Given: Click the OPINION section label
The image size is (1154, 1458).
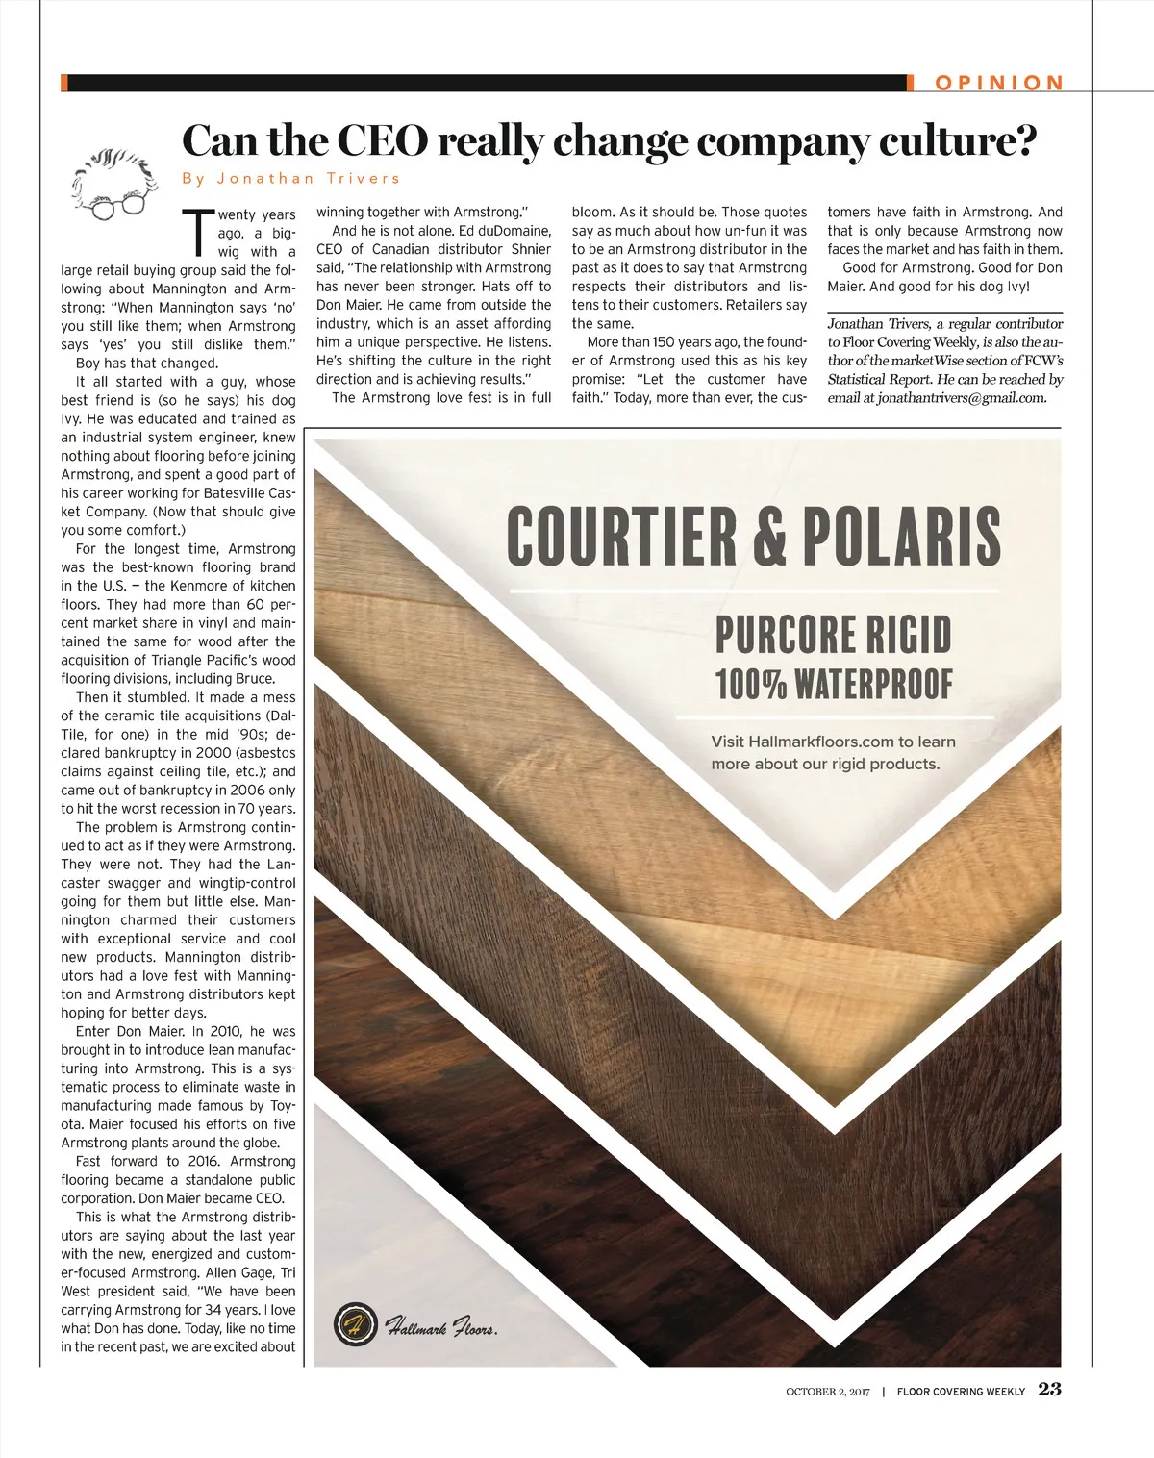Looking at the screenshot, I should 999,83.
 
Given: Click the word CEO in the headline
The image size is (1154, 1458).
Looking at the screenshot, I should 382,141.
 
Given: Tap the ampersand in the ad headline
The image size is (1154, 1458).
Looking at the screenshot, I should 769,536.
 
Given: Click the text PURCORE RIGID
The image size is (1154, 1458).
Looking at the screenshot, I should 833,635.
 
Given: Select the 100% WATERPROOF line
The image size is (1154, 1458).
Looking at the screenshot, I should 833,684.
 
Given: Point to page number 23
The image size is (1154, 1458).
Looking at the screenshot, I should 1049,1389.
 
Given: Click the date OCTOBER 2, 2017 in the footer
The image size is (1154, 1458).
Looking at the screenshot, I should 827,1392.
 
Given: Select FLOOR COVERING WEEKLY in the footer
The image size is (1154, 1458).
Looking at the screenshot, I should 961,1392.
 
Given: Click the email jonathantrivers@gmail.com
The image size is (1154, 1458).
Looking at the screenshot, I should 961,398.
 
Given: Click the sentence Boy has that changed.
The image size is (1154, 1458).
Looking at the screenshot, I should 147,363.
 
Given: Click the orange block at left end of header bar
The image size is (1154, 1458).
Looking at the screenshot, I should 63,83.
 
